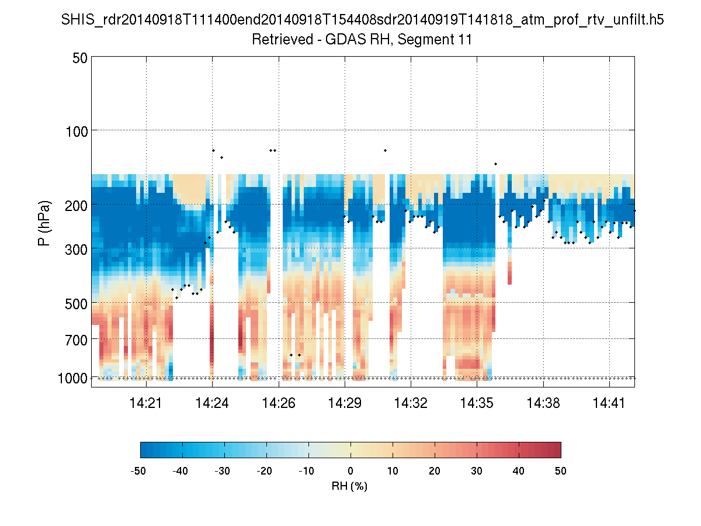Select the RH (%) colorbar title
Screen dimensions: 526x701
pyautogui.click(x=350, y=486)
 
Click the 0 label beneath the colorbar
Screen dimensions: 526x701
pyautogui.click(x=350, y=470)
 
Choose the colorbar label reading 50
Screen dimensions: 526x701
pyautogui.click(x=561, y=470)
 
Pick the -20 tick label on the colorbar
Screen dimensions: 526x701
pyautogui.click(x=266, y=470)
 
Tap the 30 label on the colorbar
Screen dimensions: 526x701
pyautogui.click(x=477, y=470)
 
